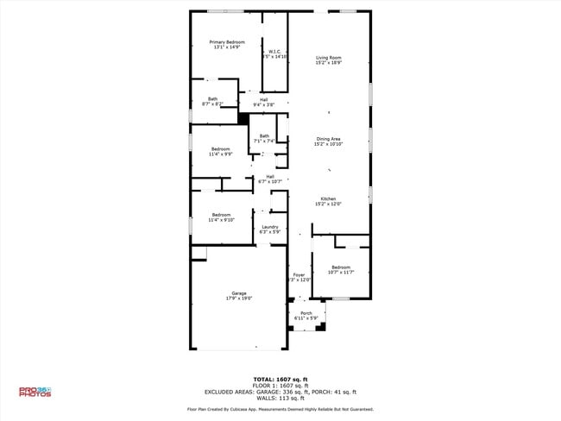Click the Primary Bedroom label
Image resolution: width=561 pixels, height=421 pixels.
click(227, 44)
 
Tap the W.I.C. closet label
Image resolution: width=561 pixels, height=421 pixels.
click(274, 53)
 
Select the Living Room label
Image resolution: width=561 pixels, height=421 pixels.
click(328, 60)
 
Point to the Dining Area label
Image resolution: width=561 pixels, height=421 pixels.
click(328, 141)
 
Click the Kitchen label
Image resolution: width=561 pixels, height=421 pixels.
click(328, 201)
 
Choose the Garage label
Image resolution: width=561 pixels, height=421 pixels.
click(238, 295)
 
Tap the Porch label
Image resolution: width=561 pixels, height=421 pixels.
click(306, 316)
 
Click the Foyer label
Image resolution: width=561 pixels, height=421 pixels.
click(298, 277)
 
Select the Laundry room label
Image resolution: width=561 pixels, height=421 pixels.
click(270, 229)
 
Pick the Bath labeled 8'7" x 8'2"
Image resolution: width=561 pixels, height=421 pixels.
click(212, 101)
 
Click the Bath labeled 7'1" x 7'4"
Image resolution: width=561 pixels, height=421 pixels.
click(264, 138)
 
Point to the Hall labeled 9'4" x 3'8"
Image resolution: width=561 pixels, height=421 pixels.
click(263, 102)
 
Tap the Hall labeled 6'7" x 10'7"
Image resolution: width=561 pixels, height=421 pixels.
click(270, 179)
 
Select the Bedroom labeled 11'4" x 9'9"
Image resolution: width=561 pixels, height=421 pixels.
click(221, 151)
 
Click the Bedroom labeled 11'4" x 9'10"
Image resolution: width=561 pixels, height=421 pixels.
click(221, 217)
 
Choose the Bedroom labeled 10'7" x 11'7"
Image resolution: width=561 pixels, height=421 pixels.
click(341, 269)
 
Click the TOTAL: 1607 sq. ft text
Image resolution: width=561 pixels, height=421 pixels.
click(280, 379)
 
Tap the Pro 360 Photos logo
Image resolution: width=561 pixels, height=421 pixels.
click(35, 392)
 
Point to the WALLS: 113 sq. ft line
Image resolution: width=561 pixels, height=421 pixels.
click(280, 398)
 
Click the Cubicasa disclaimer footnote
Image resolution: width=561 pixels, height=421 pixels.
click(280, 409)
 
